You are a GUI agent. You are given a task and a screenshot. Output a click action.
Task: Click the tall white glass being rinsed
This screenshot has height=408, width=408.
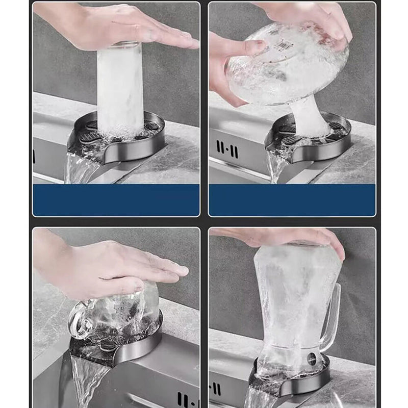(x=120, y=89)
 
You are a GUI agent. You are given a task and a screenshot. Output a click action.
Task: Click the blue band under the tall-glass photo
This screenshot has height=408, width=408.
(x=116, y=200)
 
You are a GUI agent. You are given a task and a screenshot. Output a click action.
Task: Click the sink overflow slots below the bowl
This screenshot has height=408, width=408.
(x=227, y=149)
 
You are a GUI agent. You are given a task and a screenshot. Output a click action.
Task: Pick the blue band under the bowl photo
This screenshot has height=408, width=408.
(x=292, y=200)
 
